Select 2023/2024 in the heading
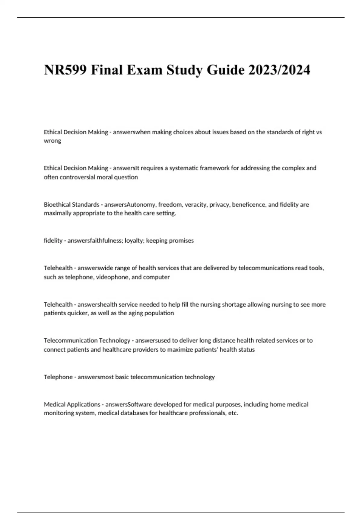pos(279,70)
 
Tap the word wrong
pos(52,141)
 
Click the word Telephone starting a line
pos(58,377)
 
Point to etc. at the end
pos(233,413)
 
